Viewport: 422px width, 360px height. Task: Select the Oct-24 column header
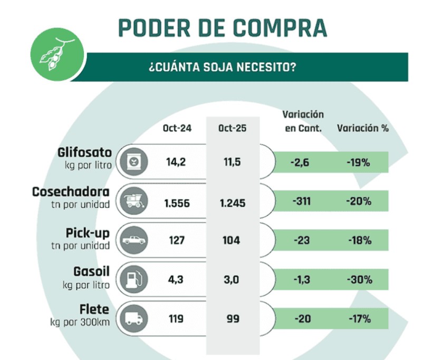click(x=177, y=128)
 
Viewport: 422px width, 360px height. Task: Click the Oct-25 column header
click(x=233, y=128)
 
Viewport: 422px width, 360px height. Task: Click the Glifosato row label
click(x=84, y=153)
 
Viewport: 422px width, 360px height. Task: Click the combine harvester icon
click(x=132, y=201)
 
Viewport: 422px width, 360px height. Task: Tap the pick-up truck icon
click(x=132, y=240)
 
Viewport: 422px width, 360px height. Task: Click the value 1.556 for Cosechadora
click(x=177, y=201)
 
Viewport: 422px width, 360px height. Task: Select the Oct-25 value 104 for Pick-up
click(x=232, y=240)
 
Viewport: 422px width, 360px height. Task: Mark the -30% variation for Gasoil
click(x=359, y=279)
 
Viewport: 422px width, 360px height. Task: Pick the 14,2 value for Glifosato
click(x=177, y=162)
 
